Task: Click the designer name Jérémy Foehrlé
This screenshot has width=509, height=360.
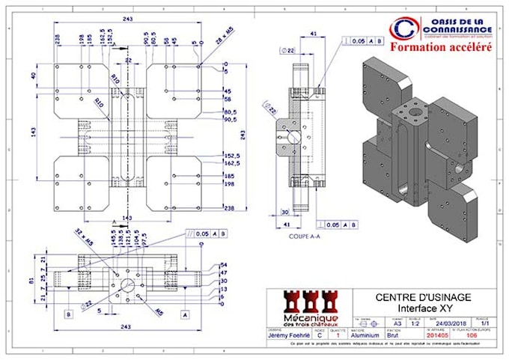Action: coord(290,336)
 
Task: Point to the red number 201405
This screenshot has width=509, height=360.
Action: coord(415,336)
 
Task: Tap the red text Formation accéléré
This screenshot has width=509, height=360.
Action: coord(439,46)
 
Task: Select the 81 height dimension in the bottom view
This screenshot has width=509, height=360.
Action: coord(32,282)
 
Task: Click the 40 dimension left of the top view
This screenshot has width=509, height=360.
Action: coord(33,76)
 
